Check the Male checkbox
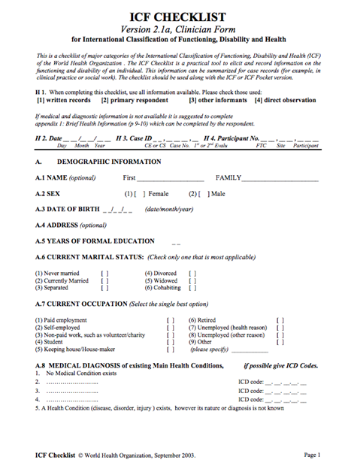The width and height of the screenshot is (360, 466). pyautogui.click(x=198, y=193)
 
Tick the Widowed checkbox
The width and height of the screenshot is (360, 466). pyautogui.click(x=192, y=280)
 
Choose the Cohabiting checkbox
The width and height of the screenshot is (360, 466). pyautogui.click(x=192, y=287)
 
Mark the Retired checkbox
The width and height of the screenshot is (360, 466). pyautogui.click(x=280, y=320)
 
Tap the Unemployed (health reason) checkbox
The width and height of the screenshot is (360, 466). pyautogui.click(x=280, y=328)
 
